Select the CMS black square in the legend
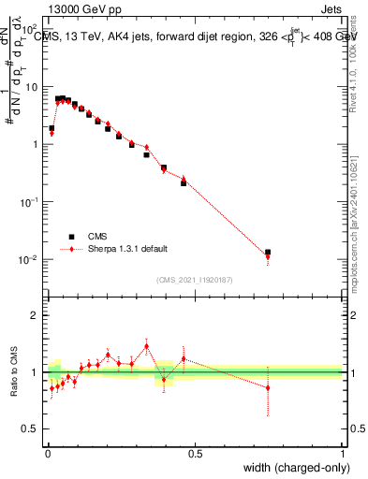point(71,237)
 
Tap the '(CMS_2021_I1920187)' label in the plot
point(195,279)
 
